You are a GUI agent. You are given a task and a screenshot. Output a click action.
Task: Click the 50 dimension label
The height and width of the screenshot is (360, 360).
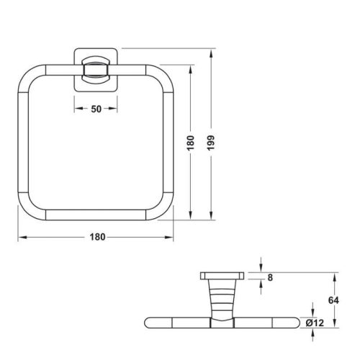click(96, 109)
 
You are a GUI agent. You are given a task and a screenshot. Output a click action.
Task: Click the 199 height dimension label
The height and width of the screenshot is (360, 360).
click(211, 143)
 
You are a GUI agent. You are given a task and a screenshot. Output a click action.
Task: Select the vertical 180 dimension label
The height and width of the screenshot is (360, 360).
click(190, 143)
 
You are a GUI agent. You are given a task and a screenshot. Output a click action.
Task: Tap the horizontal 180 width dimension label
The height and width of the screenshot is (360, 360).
click(97, 237)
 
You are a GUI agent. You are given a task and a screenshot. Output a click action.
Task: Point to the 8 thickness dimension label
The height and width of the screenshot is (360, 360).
click(270, 278)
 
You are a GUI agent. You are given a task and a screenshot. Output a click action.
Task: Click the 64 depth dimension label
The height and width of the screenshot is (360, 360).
click(333, 300)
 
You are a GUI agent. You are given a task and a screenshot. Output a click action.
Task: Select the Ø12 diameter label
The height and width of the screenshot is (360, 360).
click(315, 323)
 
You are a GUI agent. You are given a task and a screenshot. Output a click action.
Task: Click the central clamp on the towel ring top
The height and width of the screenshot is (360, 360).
click(96, 70)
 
